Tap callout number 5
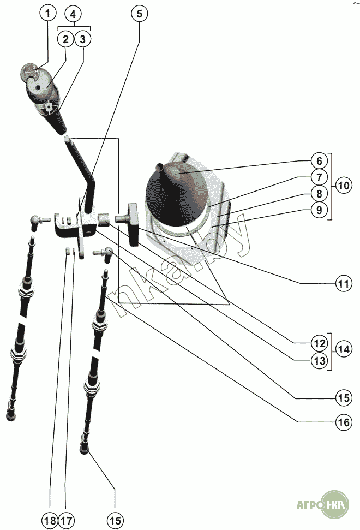click(139, 13)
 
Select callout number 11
click(342, 284)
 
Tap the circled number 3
click(82, 39)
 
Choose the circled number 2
click(65, 39)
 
